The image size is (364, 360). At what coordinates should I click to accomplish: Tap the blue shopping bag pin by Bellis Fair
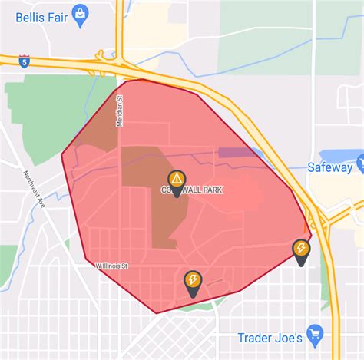pos(81,12)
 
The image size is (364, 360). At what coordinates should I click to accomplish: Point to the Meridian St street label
pos(120,111)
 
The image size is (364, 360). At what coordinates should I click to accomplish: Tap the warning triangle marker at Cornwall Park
pos(177,180)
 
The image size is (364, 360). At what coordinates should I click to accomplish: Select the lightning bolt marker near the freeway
pos(301,249)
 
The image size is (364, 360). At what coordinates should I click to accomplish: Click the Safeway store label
pos(329,167)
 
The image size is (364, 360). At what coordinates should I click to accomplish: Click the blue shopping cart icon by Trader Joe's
pos(314,334)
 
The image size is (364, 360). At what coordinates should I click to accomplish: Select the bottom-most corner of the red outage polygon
pos(156,312)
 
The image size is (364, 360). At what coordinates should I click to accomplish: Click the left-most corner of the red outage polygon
pos(62,157)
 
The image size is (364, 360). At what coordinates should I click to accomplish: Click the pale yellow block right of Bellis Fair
pos(149,28)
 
